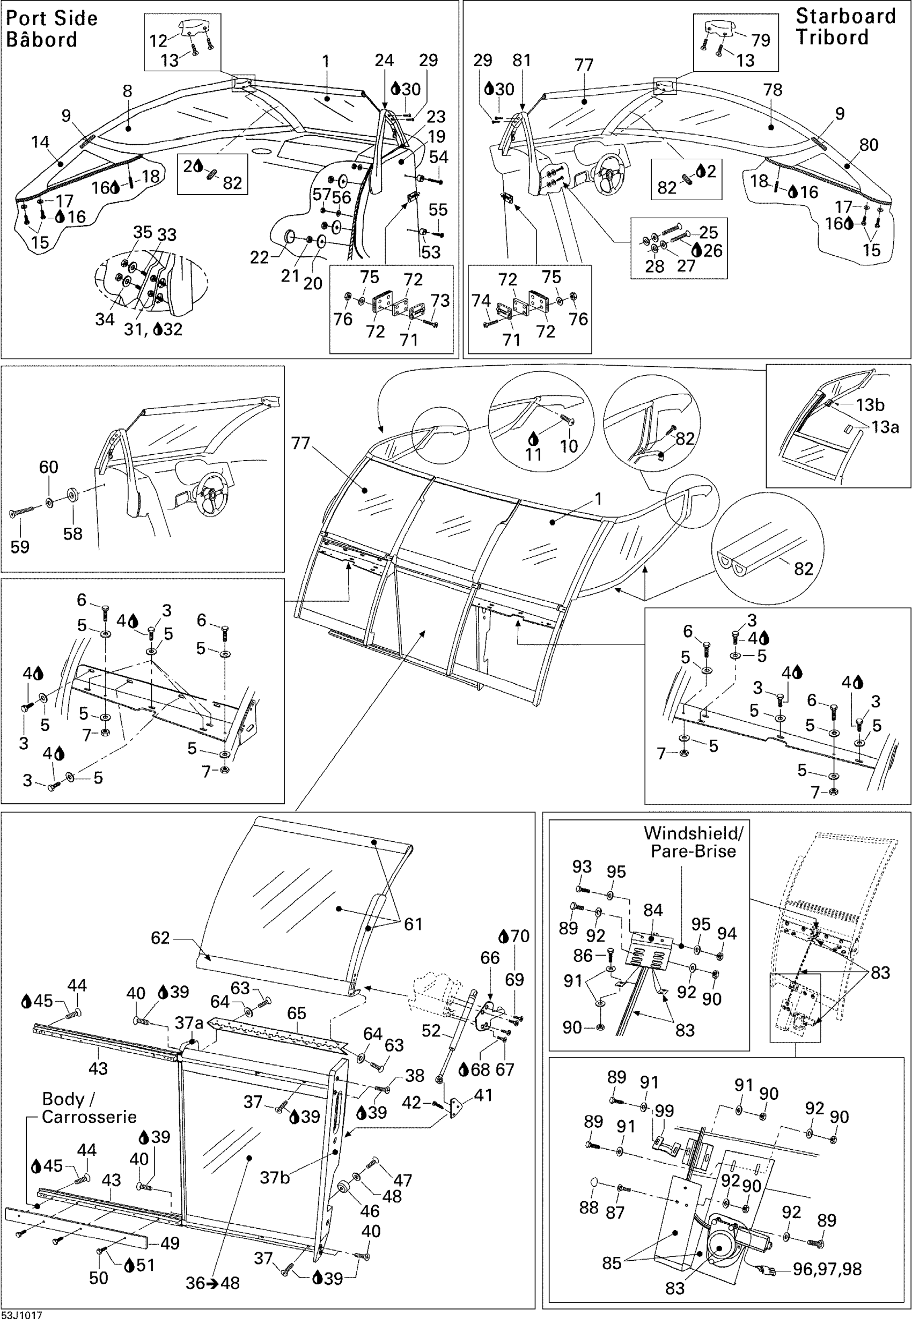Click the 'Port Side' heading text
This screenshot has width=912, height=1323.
52,18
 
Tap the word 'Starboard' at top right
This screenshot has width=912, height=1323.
845,16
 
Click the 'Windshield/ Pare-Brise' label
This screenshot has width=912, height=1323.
693,841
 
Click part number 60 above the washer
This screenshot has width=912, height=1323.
49,467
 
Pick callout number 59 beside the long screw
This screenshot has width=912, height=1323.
20,546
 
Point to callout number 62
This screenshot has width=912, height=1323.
160,937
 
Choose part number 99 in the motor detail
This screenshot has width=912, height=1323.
664,1111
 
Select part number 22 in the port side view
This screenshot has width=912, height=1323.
260,257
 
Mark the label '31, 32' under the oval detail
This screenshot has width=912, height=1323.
153,330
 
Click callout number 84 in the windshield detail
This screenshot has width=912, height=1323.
653,911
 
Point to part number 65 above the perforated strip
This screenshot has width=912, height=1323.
297,1013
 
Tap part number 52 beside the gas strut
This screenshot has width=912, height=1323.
431,1031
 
